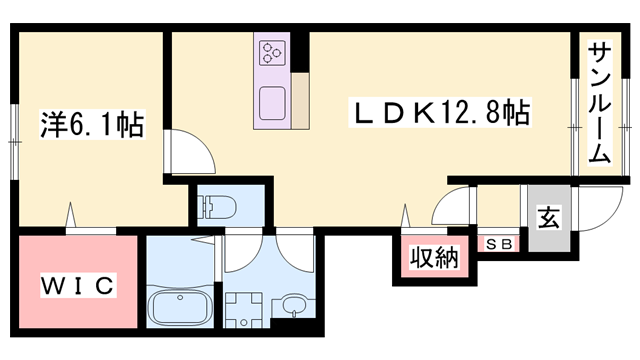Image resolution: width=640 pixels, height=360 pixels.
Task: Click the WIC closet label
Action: click(x=78, y=286)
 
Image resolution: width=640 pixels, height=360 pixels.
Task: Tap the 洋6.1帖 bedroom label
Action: click(x=92, y=124)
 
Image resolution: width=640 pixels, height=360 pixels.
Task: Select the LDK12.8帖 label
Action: click(x=440, y=112)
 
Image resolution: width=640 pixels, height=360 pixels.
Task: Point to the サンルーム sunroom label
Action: click(x=600, y=103)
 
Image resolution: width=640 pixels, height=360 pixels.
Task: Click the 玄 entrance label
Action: click(x=549, y=218)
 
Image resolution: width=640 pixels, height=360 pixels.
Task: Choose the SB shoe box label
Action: click(x=500, y=244)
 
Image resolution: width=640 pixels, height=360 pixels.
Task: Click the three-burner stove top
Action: click(x=272, y=53)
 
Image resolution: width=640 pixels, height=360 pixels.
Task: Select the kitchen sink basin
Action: click(x=272, y=103)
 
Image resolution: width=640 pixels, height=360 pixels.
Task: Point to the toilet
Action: click(x=216, y=206)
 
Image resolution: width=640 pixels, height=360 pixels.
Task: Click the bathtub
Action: click(x=180, y=307)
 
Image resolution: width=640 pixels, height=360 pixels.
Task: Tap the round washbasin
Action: click(x=293, y=305)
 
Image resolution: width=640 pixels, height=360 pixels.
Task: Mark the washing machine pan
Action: click(x=244, y=309)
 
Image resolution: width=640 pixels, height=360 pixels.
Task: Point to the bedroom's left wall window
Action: click(x=15, y=142)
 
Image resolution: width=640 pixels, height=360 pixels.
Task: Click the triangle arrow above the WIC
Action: click(x=71, y=215)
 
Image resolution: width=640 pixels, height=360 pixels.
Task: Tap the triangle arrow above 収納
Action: click(x=405, y=216)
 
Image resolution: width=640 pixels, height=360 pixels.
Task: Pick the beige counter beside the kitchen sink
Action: click(x=300, y=101)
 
